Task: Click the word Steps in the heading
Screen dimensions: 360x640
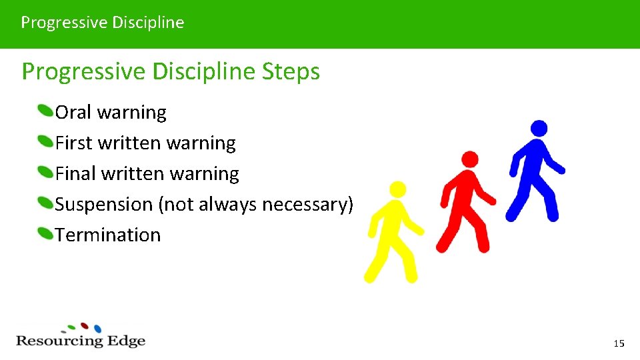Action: (x=291, y=71)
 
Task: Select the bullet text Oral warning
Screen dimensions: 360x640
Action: (x=111, y=112)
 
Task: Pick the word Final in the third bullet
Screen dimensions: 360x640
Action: (x=75, y=173)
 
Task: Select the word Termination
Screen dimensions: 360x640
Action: (x=108, y=235)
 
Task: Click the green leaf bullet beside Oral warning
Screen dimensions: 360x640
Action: (x=45, y=111)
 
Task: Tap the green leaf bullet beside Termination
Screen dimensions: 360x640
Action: (x=45, y=233)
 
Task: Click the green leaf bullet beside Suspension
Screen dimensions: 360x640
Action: (x=45, y=203)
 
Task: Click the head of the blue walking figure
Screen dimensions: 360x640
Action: (x=539, y=128)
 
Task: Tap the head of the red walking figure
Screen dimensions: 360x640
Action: (x=470, y=159)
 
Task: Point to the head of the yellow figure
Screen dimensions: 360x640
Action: (x=398, y=189)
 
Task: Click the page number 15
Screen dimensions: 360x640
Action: (x=619, y=343)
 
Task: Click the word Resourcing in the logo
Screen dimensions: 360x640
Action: (x=59, y=341)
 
